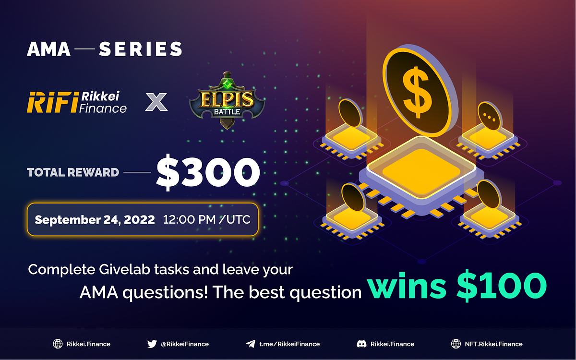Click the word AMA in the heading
[49, 49]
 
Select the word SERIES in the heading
[141, 49]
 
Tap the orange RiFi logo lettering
[51, 102]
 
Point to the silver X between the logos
[156, 102]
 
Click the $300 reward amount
[208, 173]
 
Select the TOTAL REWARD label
[73, 172]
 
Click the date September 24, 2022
[95, 220]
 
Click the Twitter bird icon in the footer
[152, 344]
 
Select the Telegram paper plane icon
[250, 344]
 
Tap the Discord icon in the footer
[361, 344]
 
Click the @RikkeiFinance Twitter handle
[185, 344]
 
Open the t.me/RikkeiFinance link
[289, 344]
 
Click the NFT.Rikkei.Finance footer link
[493, 344]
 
